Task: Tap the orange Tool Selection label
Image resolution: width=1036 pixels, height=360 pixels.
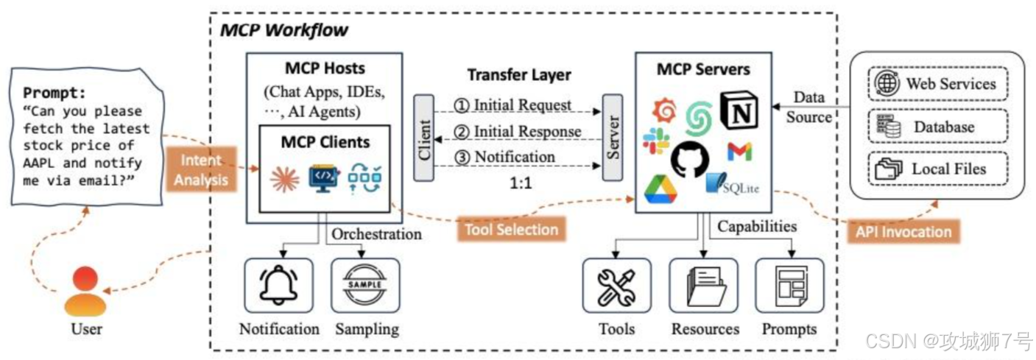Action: (x=510, y=230)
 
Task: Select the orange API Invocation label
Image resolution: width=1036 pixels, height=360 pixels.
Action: (x=903, y=231)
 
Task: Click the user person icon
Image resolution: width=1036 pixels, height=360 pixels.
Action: (x=85, y=292)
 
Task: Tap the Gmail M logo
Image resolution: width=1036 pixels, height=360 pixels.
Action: (x=739, y=152)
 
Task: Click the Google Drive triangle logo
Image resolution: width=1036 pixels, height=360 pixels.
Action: (x=661, y=189)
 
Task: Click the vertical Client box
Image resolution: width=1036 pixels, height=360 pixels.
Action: (x=425, y=138)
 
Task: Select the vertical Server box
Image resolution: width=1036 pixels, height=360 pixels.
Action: (x=613, y=138)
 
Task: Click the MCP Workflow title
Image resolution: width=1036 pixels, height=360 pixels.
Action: (x=284, y=31)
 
